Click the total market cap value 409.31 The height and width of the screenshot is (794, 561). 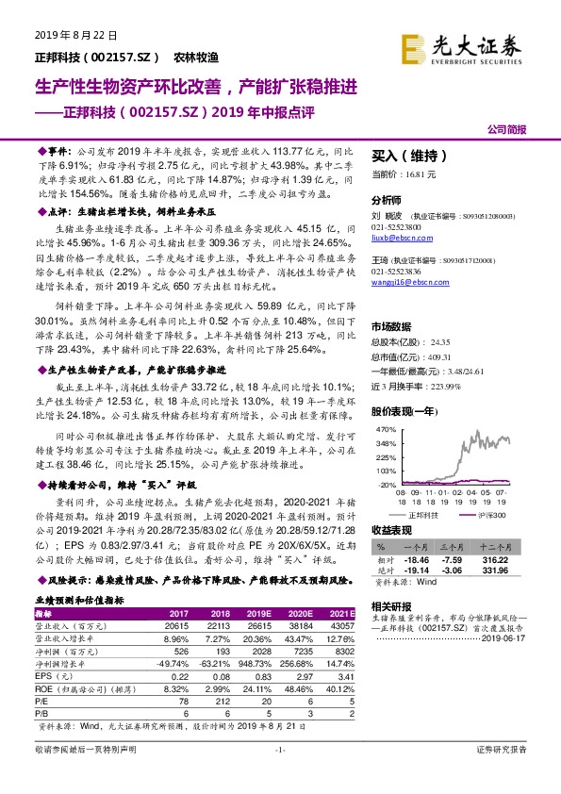coord(440,357)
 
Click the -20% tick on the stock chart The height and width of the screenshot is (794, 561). coord(386,484)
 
